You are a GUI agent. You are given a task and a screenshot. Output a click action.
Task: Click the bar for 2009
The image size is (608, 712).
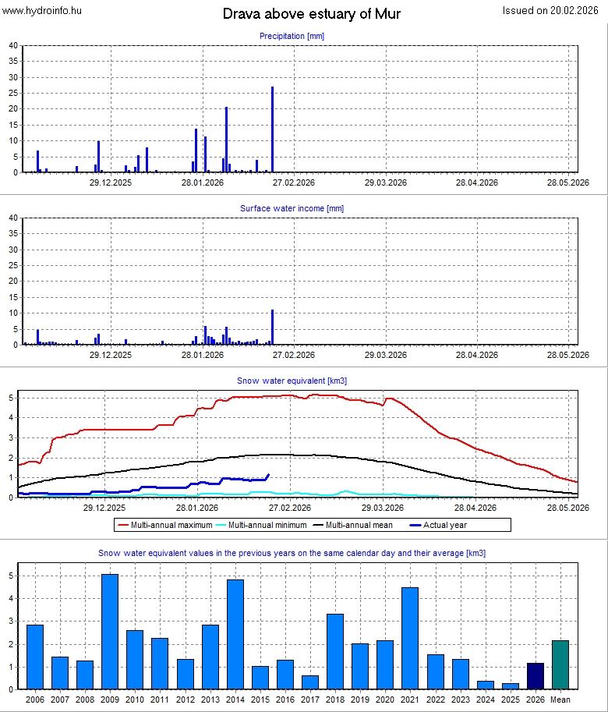[110, 632]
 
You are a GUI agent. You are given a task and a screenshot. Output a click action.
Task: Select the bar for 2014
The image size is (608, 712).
[235, 634]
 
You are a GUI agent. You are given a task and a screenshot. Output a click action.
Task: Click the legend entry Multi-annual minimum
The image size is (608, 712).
[265, 525]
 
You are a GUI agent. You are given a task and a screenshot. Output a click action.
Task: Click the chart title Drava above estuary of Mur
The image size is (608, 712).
[312, 14]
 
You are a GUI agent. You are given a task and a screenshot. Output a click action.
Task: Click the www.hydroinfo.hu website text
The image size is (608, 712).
[42, 10]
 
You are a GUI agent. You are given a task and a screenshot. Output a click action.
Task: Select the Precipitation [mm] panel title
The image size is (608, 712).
[292, 36]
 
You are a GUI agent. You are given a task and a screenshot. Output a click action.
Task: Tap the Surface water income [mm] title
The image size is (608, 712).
[292, 208]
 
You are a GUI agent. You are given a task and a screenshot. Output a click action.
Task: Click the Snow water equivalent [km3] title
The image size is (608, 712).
[292, 381]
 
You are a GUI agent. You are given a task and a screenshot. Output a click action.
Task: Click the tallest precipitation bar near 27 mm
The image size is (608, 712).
[272, 129]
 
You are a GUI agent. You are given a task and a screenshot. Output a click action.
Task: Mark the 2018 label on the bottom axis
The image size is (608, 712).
[335, 699]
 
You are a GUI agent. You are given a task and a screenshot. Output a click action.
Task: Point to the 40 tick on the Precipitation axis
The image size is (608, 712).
[12, 45]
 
